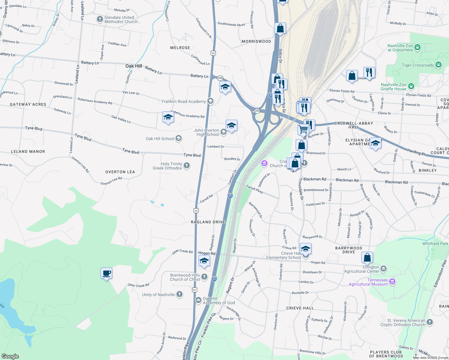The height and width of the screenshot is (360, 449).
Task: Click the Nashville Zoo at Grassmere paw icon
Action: tap(417, 47)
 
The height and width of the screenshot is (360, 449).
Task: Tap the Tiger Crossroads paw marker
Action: tap(438, 65)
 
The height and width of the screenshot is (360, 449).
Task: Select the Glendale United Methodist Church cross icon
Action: tap(100, 19)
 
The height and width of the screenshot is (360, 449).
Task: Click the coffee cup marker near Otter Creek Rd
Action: tap(107, 273)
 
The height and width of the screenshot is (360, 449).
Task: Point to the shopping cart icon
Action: tap(303, 130)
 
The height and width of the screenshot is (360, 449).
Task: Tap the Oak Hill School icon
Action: tap(179, 138)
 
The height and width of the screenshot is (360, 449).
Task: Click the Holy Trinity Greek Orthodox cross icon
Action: tap(187, 166)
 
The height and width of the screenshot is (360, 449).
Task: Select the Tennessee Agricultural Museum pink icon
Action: tap(392, 282)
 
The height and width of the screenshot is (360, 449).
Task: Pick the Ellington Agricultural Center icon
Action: tap(384, 268)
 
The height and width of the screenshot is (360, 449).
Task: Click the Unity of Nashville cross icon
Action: tap(179, 294)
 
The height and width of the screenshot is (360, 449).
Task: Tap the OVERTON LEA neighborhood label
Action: tap(120, 172)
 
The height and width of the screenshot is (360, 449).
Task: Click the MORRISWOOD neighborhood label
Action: tap(256, 41)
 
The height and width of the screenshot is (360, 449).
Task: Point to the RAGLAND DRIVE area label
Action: tap(208, 222)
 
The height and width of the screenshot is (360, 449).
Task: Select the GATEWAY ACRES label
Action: tap(28, 104)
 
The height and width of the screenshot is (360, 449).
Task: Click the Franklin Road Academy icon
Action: tap(210, 101)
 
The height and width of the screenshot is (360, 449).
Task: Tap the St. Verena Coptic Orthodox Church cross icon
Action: tap(430, 322)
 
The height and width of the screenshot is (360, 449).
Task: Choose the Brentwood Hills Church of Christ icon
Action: tap(204, 277)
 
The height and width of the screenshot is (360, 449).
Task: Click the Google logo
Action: tap(10, 356)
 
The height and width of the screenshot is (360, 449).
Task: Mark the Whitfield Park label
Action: tap(435, 244)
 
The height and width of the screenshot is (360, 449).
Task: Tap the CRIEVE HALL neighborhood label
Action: tap(300, 308)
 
